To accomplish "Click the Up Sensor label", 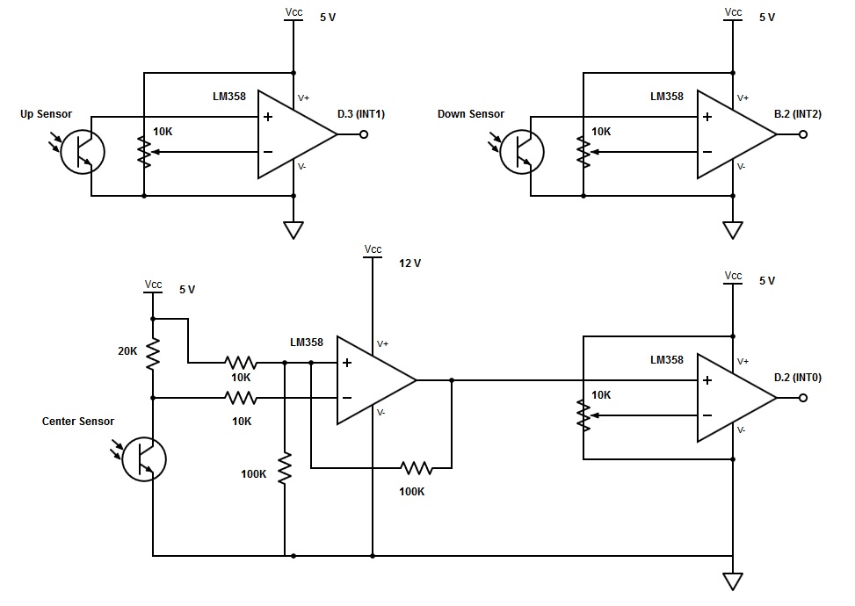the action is click(x=46, y=114).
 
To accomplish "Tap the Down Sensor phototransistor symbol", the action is click(x=522, y=151).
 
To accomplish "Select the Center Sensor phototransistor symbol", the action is click(x=143, y=458).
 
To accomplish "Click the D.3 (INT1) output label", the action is click(x=361, y=114).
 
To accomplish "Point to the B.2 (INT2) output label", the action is click(x=798, y=114).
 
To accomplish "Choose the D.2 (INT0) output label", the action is click(x=798, y=378).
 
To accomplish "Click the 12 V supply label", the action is click(x=410, y=263).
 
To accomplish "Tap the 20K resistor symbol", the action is click(x=153, y=353).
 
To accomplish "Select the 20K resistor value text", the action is click(x=127, y=351).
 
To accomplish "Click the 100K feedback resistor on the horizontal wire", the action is click(x=416, y=467).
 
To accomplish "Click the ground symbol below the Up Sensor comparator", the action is click(x=293, y=230).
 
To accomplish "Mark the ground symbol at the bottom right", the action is click(x=733, y=581).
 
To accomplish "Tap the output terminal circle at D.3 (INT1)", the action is click(x=364, y=134).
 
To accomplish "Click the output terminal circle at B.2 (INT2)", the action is click(x=802, y=134).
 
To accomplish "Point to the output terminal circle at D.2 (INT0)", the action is click(x=802, y=398).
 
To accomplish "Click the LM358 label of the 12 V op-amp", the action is click(x=307, y=343).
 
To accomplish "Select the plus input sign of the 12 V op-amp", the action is click(x=347, y=363).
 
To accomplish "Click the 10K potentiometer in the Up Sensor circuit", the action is click(x=144, y=151).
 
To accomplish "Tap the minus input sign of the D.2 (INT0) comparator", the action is click(x=707, y=415).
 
